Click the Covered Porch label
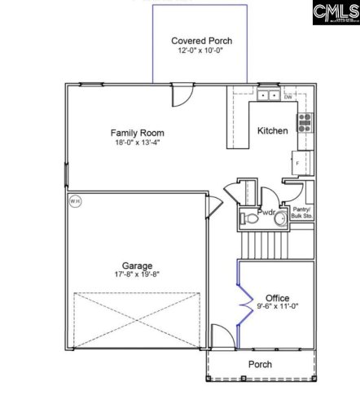pos(201,41)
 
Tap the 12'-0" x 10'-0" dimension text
pos(201,50)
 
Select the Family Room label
pos(137,133)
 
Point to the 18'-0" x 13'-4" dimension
pos(137,143)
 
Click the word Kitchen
pos(272,130)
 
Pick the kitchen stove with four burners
pos(305,122)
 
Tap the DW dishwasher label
pos(288,98)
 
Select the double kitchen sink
pos(270,96)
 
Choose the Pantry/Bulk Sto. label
pos(302,213)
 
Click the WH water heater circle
pos(75,200)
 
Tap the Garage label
pos(137,266)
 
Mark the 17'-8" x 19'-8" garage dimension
pos(137,275)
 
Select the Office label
pos(277,298)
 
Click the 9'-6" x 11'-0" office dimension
pos(277,308)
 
